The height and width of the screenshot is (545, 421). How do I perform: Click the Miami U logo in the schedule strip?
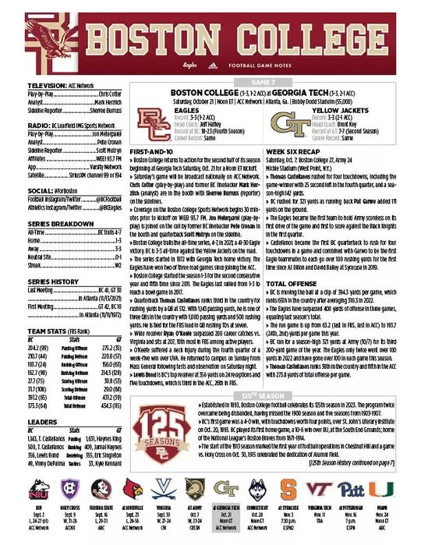pyautogui.click(x=400, y=490)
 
